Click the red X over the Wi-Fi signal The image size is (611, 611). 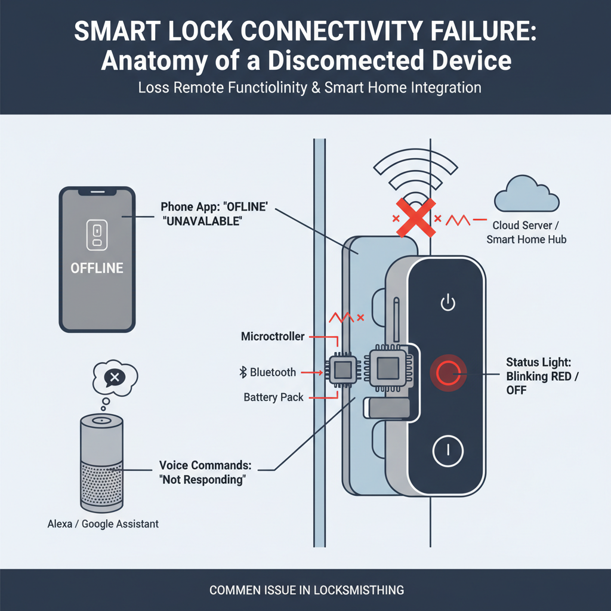(x=413, y=218)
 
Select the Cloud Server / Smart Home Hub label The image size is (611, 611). (x=526, y=233)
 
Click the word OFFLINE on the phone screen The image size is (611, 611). (x=97, y=268)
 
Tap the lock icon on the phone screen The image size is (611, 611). (x=97, y=234)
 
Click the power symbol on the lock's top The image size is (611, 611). (x=448, y=303)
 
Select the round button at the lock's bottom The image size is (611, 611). (x=448, y=451)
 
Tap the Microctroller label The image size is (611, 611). (x=273, y=337)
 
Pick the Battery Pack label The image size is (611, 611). (x=273, y=397)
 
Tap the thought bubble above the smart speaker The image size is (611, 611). (x=114, y=377)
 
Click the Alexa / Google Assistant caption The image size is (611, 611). (x=103, y=524)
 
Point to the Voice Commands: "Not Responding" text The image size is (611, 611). (x=202, y=472)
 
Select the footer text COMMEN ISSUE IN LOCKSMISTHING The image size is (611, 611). (x=306, y=590)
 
